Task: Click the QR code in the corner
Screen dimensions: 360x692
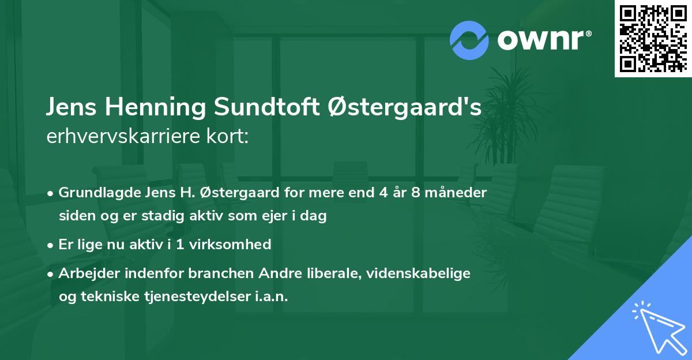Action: click(x=653, y=39)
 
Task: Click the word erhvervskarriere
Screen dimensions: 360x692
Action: click(x=119, y=138)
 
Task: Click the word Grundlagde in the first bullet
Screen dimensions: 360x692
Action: click(x=95, y=193)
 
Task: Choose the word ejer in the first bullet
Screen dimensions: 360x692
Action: click(x=276, y=216)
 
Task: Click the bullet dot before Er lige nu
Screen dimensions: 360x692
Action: click(x=51, y=245)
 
